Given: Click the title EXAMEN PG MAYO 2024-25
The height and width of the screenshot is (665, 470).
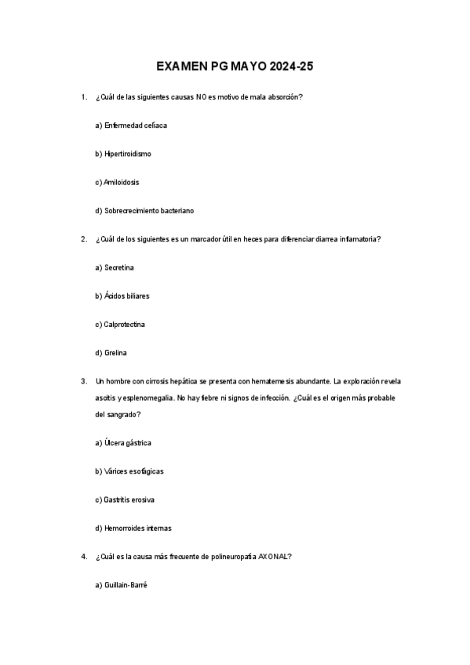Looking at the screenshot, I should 235,68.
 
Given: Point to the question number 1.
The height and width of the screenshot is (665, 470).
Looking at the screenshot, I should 83,97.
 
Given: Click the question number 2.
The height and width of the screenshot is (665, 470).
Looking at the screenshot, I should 83,239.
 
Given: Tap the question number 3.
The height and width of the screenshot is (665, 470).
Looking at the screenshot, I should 83,381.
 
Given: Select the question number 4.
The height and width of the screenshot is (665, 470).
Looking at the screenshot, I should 83,557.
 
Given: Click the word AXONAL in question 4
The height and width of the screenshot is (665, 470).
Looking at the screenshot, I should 275,557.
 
